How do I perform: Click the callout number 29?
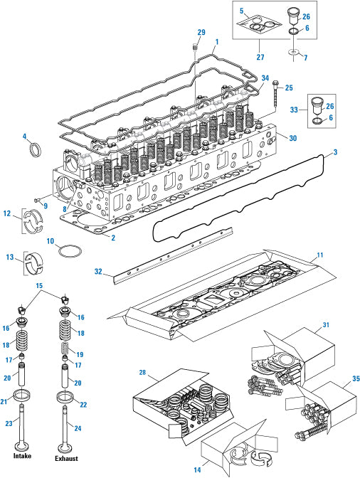(201, 32)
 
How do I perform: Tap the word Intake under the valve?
(22, 456)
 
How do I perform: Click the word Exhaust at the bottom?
(66, 458)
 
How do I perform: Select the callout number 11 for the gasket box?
(319, 255)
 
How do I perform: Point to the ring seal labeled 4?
(35, 149)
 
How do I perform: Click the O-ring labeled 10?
(70, 252)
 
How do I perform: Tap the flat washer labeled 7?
(294, 52)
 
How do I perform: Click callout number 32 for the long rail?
(98, 271)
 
